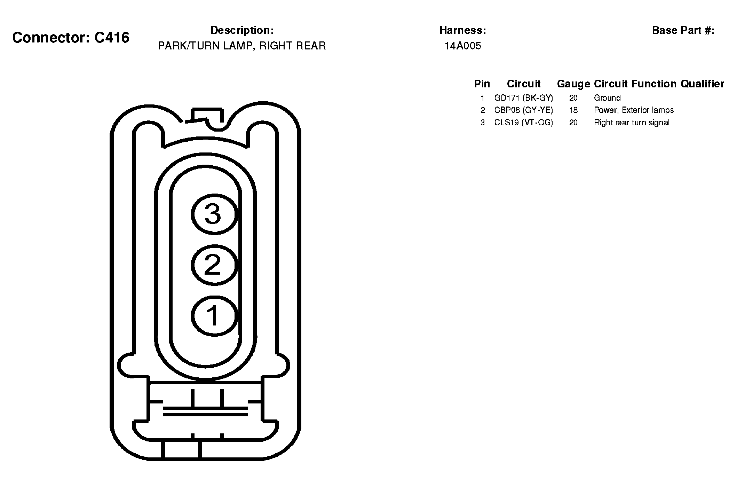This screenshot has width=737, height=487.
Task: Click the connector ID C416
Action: pyautogui.click(x=112, y=38)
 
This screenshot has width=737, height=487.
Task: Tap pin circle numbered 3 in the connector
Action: pyautogui.click(x=214, y=214)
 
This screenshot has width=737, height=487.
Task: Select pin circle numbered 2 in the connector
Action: pyautogui.click(x=214, y=265)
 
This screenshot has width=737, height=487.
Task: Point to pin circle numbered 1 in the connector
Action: pyautogui.click(x=214, y=316)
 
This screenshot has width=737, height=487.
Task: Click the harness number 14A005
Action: pyautogui.click(x=463, y=46)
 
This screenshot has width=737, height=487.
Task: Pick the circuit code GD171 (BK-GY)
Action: pyautogui.click(x=524, y=98)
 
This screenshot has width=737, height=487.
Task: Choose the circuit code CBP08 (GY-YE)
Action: pyautogui.click(x=524, y=110)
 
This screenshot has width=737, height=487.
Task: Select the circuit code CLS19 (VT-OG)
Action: pyautogui.click(x=524, y=123)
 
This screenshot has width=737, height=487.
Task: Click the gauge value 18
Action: pyautogui.click(x=573, y=110)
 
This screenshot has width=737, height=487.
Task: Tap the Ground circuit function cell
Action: pyautogui.click(x=607, y=98)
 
